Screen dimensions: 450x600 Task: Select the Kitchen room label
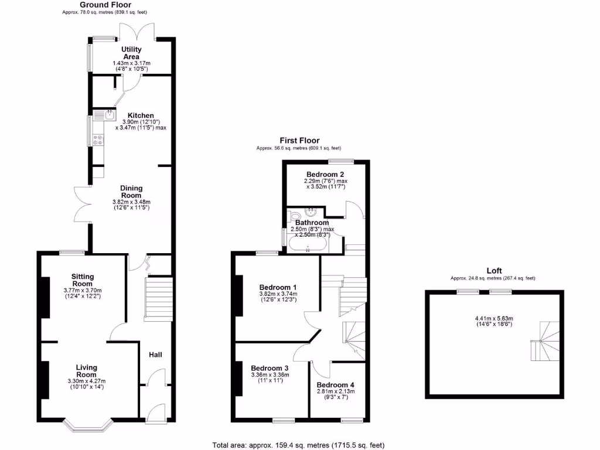point(141,115)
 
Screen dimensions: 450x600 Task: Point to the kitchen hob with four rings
point(98,139)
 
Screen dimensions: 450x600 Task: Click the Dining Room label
point(132,192)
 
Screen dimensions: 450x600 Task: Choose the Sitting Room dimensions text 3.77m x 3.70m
point(83,290)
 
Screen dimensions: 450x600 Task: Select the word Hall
point(155,355)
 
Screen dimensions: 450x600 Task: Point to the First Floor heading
point(299,141)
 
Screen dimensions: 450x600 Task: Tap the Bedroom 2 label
point(325,175)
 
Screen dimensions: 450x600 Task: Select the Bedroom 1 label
point(278,287)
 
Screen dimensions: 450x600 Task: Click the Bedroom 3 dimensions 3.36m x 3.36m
point(270,375)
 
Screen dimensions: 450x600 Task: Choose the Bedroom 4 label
point(336,385)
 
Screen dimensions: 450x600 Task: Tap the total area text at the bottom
point(299,445)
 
